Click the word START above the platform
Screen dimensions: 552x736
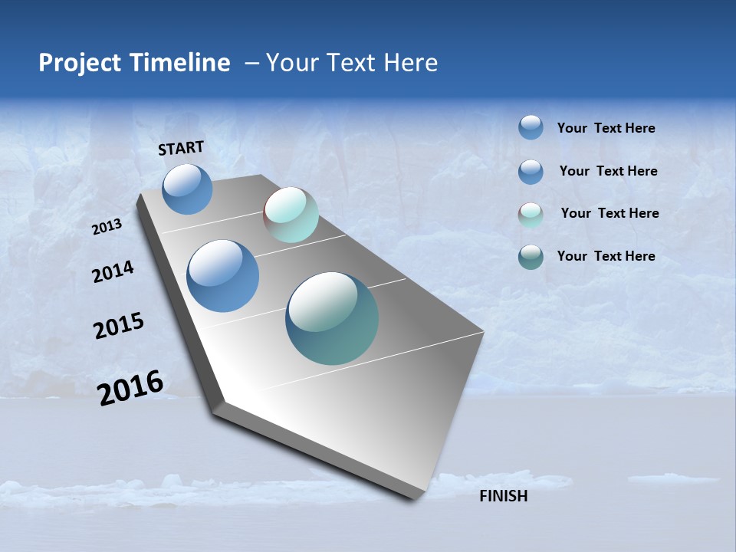181,148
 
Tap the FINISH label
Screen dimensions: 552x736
503,496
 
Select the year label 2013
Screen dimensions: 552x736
107,227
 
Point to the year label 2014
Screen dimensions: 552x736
113,272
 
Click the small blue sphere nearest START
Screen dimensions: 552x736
187,189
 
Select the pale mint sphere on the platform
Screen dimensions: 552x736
291,215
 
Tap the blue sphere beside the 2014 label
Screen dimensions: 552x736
223,276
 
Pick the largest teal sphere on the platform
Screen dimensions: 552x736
332,318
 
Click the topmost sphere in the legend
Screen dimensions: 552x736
531,127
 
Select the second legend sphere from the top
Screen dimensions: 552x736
531,172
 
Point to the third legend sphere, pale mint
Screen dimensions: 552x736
531,215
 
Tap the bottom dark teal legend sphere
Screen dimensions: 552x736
531,257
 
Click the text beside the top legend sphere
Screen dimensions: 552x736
606,129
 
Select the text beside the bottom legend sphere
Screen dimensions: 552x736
606,256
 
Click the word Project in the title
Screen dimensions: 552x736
80,63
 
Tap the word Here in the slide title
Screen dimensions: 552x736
410,63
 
